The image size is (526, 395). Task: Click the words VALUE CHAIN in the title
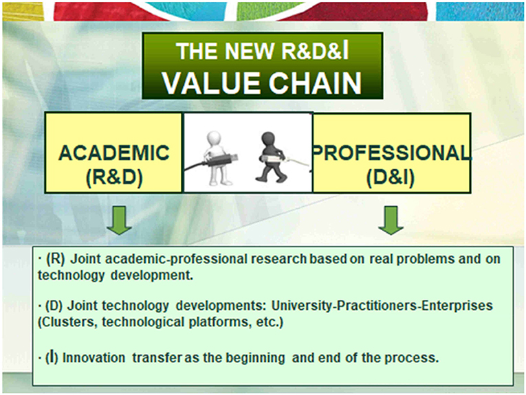click(x=262, y=82)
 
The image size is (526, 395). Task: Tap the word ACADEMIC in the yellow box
click(x=114, y=153)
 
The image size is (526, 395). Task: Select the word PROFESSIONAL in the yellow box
click(x=391, y=153)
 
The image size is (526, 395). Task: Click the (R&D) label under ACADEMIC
click(x=114, y=177)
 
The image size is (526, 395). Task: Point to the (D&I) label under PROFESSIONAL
click(x=391, y=177)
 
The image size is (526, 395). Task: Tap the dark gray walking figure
click(x=270, y=157)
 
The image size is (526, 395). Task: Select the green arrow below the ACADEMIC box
click(x=119, y=220)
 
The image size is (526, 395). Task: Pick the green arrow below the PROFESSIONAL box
click(x=391, y=220)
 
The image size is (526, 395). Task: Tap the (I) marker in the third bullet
click(x=52, y=357)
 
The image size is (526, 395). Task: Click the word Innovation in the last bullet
click(x=94, y=358)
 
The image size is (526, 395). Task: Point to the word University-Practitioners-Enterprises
click(x=382, y=306)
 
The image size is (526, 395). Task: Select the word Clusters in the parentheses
click(x=67, y=322)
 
